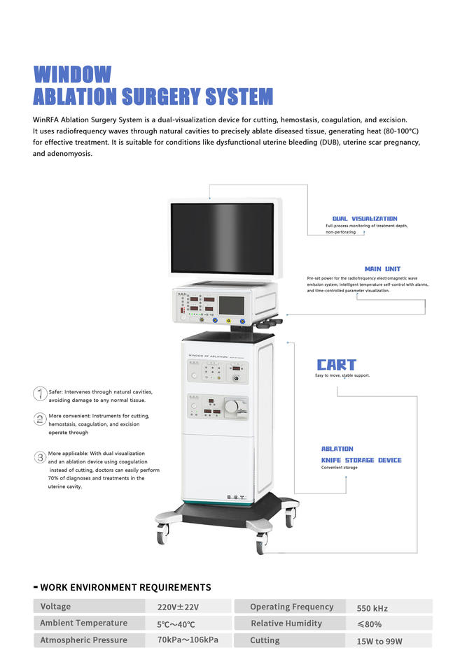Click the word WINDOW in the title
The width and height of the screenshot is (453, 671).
73,74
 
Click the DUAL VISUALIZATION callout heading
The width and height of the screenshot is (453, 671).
364,219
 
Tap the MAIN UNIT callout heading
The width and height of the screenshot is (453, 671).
382,269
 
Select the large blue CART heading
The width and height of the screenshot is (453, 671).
336,365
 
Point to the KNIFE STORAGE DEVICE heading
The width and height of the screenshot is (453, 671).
361,460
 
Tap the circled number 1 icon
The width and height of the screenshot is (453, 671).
41,394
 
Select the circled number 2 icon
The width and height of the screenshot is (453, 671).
41,419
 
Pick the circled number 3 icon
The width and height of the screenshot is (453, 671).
41,457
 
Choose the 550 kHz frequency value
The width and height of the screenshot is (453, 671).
372,608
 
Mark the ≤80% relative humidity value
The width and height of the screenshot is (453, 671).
369,624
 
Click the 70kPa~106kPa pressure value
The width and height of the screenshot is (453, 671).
188,640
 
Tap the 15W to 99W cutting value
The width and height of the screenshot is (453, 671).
379,641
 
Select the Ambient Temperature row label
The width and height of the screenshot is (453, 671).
83,623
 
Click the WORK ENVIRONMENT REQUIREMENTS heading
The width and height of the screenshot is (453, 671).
125,587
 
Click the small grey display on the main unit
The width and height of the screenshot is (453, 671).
231,305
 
